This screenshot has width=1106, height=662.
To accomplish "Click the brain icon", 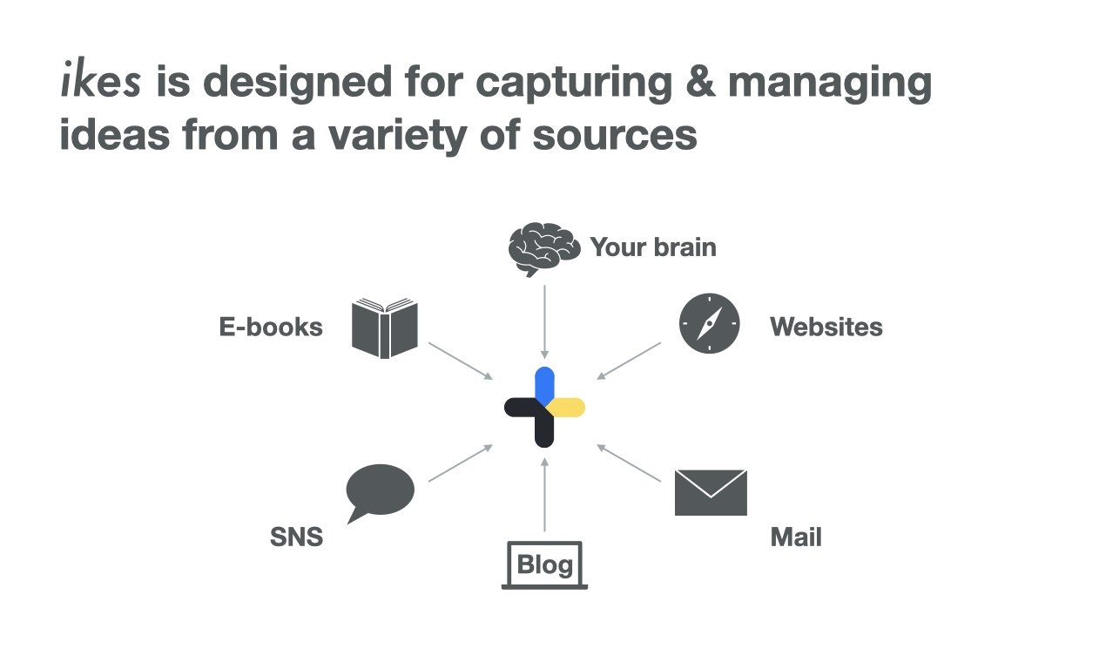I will point(543,248).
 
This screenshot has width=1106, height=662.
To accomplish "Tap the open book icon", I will point(385,328).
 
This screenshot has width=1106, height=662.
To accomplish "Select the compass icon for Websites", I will point(709,323).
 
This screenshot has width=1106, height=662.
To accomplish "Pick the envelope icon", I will point(711,492).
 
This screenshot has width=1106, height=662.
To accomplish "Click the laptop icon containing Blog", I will point(544,565).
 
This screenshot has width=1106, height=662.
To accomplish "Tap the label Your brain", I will point(653,247).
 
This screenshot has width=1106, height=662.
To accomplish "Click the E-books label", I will point(271,328).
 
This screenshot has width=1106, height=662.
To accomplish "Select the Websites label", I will point(826,328).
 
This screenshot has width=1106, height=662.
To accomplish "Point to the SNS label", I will point(296,537).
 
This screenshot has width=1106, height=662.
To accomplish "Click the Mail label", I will point(795,537).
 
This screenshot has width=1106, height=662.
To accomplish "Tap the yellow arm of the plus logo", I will point(568,407).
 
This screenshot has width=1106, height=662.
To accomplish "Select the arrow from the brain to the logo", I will point(544,321).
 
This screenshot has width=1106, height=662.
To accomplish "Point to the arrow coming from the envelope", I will point(629,463).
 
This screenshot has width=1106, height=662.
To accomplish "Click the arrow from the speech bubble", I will point(461,463).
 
